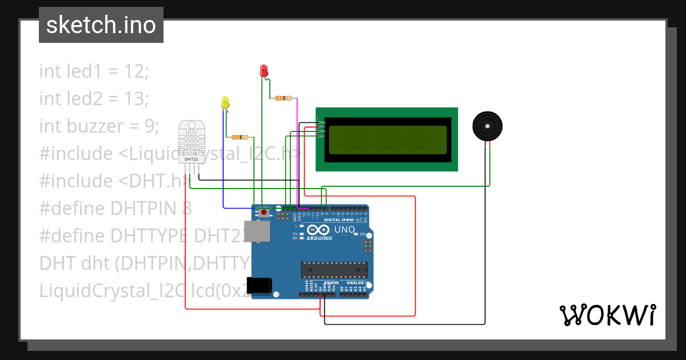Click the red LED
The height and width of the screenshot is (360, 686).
coord(264,70)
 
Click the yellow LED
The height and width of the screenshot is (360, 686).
coord(225,102)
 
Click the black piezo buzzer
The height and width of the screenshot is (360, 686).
coord(487,126)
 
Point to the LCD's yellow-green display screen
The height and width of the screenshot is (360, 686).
coord(387,140)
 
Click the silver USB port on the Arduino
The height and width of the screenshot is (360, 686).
coord(257,232)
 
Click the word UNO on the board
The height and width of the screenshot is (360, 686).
coord(345,230)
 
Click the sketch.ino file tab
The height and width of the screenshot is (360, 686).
coord(101,25)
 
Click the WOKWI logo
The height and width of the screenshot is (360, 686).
coord(607,315)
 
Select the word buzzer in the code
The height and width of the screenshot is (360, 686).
coord(87,126)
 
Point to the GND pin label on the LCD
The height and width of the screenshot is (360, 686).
coord(322,122)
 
